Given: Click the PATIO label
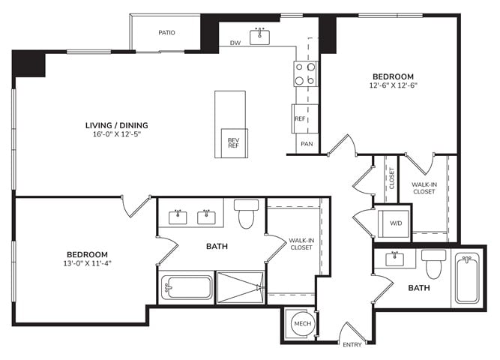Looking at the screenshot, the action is click(166, 32).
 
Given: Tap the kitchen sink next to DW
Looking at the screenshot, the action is click(259, 37).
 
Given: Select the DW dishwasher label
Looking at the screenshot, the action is click(235, 43).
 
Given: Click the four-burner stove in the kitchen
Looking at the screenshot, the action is click(305, 73).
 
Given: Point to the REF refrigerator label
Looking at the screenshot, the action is click(300, 118).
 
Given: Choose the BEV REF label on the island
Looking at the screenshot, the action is click(233, 143).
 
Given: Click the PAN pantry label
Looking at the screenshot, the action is click(307, 144).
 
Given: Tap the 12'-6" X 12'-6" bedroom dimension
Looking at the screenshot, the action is click(393, 85).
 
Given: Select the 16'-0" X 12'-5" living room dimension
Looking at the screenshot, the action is click(117, 134).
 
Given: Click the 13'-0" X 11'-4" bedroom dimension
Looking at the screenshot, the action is click(87, 263).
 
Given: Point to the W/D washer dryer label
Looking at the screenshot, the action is click(396, 223).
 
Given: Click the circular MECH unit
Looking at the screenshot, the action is click(302, 323).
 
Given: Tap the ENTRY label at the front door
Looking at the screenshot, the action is click(352, 345).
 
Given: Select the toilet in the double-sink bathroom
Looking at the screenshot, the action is click(246, 214).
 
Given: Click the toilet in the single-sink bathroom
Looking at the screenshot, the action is click(434, 264).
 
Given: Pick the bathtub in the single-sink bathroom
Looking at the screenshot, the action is click(467, 278).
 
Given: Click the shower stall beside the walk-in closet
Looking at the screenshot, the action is click(241, 287).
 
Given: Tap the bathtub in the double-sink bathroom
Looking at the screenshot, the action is click(187, 287).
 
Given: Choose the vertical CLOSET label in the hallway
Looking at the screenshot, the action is click(392, 178).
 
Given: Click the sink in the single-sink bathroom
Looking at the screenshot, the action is click(395, 259).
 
